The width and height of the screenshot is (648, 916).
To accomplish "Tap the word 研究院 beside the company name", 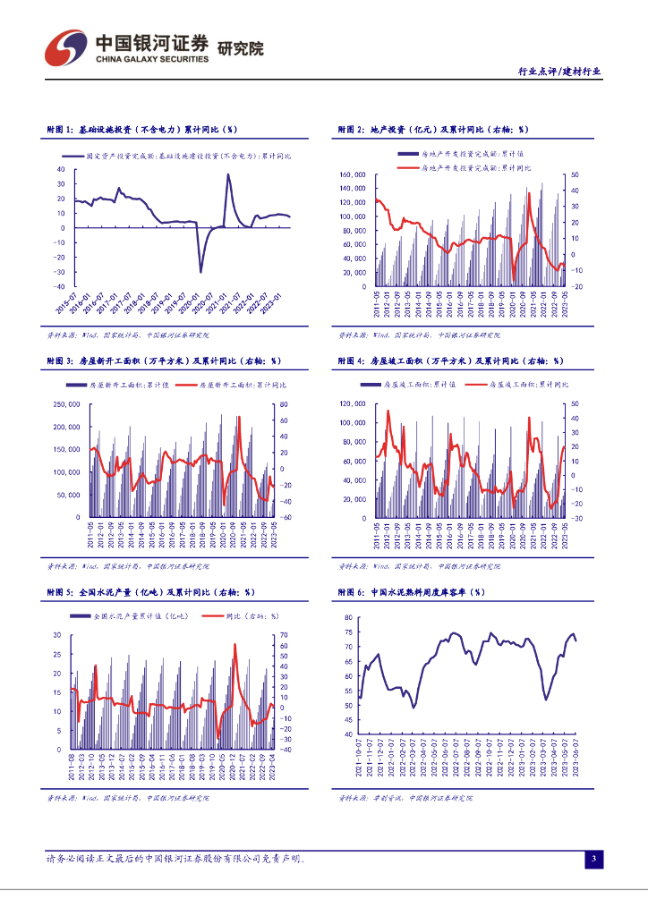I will pyautogui.click(x=241, y=49).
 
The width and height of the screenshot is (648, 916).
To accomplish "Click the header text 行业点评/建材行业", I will pyautogui.click(x=559, y=72).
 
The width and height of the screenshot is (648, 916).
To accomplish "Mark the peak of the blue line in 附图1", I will pyautogui.click(x=227, y=174).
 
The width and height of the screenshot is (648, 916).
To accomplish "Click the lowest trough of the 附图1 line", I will pyautogui.click(x=200, y=271).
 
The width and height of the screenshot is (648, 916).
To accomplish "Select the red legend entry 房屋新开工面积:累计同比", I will pyautogui.click(x=232, y=385).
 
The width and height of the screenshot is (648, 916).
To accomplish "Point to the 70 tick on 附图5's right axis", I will pyautogui.click(x=283, y=635).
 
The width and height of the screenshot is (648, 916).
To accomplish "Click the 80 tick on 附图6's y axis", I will pyautogui.click(x=349, y=618).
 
